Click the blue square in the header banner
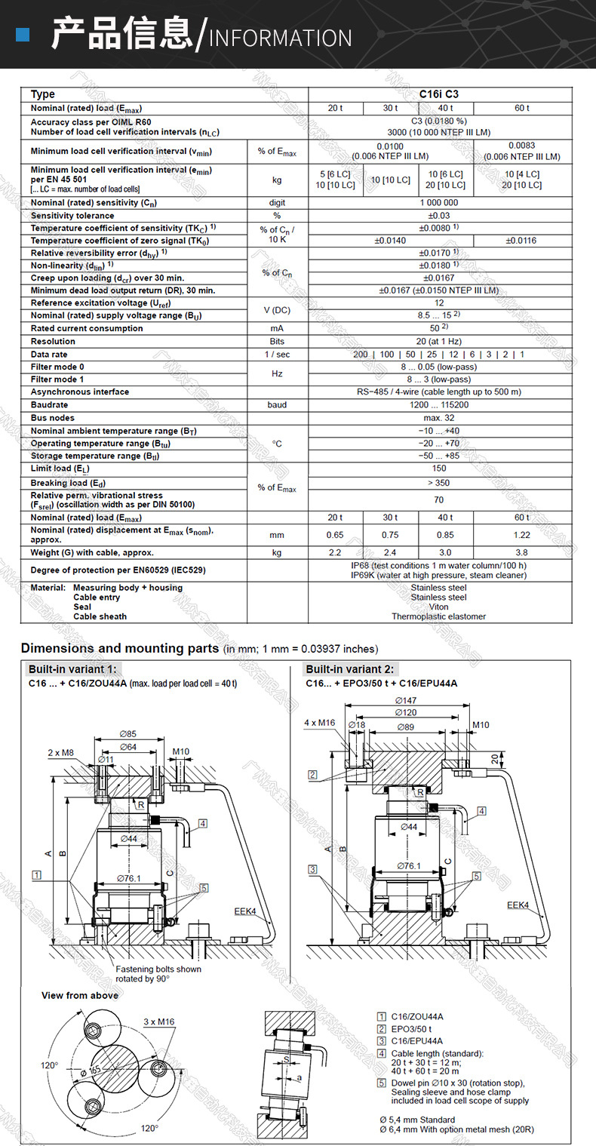(23, 35)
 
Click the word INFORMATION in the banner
(280, 38)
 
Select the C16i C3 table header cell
(439, 94)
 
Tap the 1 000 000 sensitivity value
(439, 203)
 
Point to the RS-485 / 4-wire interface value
(439, 392)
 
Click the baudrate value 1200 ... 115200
(439, 405)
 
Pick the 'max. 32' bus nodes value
(439, 418)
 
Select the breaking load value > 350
(439, 483)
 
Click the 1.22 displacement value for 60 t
(522, 535)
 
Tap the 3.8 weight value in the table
(522, 552)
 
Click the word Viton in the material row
(439, 607)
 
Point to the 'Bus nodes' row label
(53, 418)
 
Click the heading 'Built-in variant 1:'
(73, 669)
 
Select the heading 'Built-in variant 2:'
(349, 669)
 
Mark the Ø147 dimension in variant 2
(409, 701)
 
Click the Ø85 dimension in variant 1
(128, 734)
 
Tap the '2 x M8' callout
(61, 752)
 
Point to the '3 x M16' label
(158, 1022)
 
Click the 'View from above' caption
(80, 995)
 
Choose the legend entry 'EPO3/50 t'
(412, 1028)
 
